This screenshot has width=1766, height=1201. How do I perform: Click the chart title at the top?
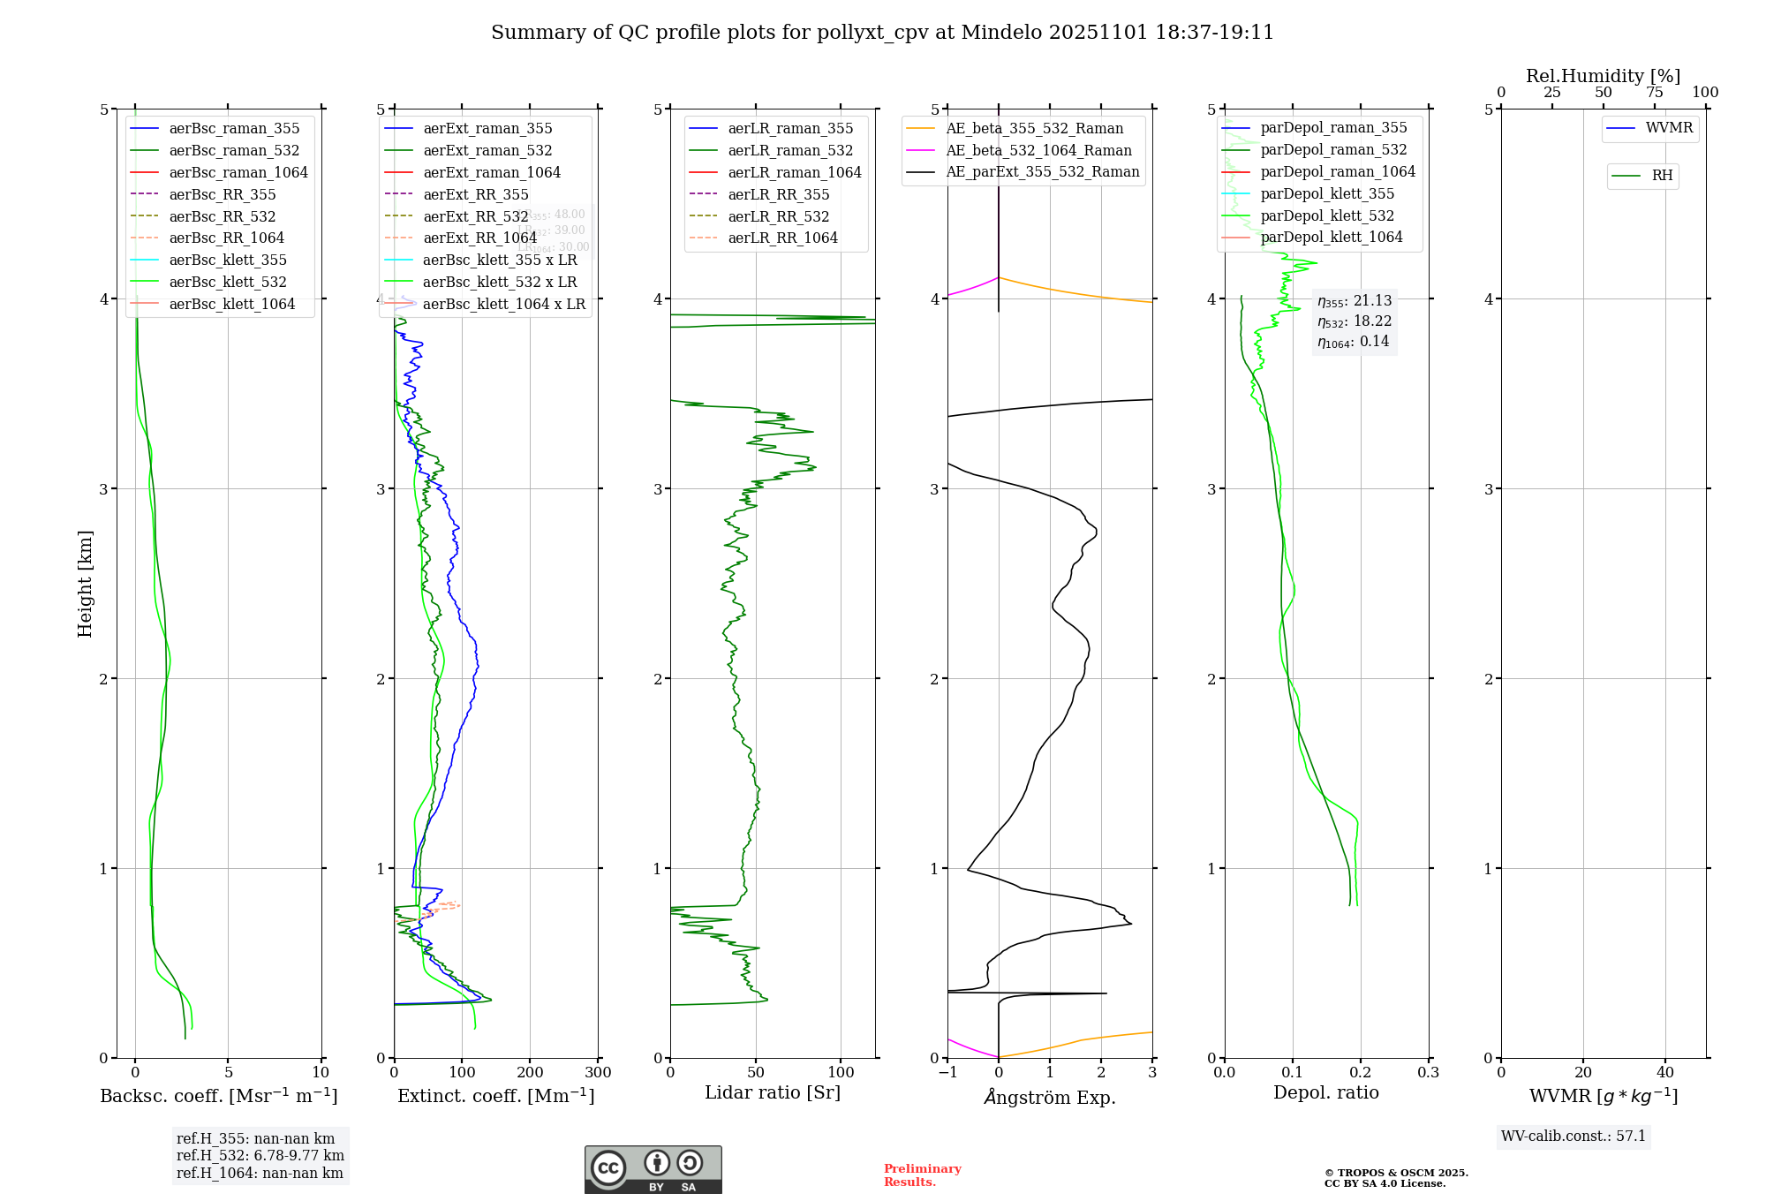[882, 33]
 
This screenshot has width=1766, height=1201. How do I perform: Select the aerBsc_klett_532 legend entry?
[227, 282]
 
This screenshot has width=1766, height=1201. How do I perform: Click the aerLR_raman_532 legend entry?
[790, 150]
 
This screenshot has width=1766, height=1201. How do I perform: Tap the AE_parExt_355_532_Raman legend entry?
[1042, 171]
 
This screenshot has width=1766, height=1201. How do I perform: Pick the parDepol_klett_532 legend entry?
[1326, 215]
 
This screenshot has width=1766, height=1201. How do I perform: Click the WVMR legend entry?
[1669, 128]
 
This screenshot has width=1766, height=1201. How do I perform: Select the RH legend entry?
[1662, 176]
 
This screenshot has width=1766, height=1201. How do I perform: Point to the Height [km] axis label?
[85, 584]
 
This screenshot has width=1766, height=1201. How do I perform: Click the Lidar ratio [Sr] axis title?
[773, 1092]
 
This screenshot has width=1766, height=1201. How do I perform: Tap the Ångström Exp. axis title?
[1050, 1098]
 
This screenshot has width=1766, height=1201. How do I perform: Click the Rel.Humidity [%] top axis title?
[1603, 76]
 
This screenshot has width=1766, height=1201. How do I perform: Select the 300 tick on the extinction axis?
[599, 1073]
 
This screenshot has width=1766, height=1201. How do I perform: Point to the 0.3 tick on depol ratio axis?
[1428, 1073]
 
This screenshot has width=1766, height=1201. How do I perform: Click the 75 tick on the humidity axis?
[1655, 93]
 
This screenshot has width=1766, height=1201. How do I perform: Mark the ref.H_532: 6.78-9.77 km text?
[260, 1156]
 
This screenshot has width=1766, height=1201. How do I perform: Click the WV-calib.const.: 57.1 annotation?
[1574, 1137]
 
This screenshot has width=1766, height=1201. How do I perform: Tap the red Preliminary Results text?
[922, 1175]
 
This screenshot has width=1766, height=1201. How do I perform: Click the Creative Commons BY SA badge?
[653, 1170]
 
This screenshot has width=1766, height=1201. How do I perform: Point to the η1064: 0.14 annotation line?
[1353, 342]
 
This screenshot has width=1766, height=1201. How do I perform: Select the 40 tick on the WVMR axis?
[1665, 1073]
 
